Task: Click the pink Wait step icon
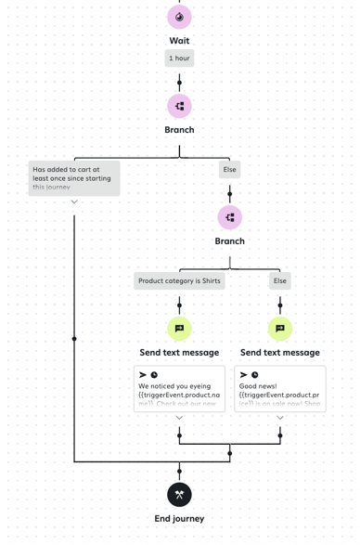click(179, 17)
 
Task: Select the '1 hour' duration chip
click(179, 58)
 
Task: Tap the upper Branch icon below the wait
click(179, 106)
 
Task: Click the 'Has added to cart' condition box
click(74, 177)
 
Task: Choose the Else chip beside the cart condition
click(229, 170)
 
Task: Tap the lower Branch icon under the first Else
click(229, 217)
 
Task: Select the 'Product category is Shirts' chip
click(179, 280)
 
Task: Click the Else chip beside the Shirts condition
click(279, 280)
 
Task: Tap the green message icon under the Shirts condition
click(179, 328)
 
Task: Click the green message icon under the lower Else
click(279, 328)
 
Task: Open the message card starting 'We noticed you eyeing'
click(179, 388)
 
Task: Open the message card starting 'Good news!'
click(279, 388)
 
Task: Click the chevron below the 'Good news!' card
click(279, 418)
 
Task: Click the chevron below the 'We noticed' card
click(179, 418)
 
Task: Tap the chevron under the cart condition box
click(74, 201)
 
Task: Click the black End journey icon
click(179, 494)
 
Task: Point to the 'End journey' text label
click(179, 518)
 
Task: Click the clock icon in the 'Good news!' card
click(255, 375)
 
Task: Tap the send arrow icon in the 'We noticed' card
click(143, 375)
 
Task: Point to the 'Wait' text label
click(179, 41)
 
